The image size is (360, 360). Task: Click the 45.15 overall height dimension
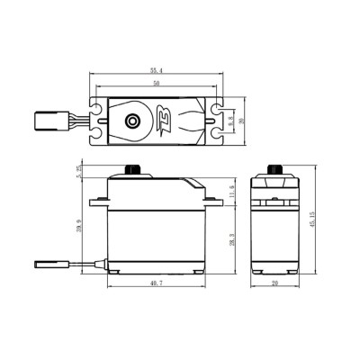(312, 220)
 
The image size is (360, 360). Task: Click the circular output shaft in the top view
(132, 119)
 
